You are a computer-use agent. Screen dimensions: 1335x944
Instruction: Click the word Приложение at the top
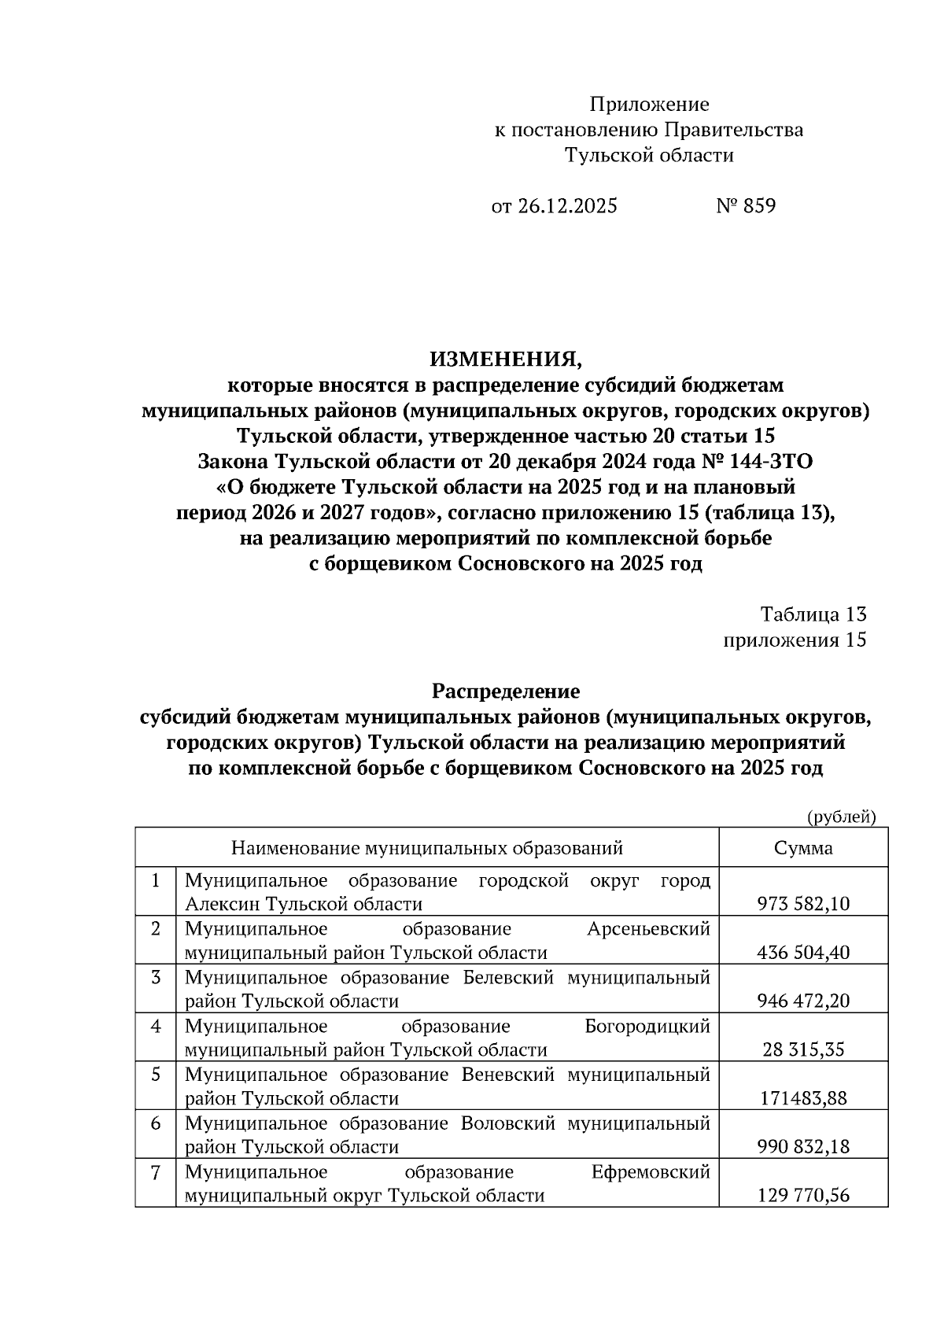(x=649, y=105)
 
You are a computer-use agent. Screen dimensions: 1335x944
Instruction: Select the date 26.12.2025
(x=566, y=206)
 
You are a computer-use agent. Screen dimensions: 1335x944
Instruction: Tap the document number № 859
(x=745, y=206)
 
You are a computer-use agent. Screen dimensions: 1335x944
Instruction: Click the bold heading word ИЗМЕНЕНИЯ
(x=505, y=360)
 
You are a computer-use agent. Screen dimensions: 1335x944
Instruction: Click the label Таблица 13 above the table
(x=813, y=614)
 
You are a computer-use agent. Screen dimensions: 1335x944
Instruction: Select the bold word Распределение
(x=505, y=691)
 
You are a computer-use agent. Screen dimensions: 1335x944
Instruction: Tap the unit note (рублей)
(x=842, y=817)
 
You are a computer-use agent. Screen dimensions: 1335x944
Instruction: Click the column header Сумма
(x=803, y=848)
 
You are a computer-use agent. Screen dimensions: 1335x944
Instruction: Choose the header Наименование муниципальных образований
(x=426, y=848)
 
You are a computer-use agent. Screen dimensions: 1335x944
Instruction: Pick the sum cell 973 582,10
(x=803, y=904)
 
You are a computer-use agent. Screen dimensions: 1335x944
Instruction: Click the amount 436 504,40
(x=803, y=953)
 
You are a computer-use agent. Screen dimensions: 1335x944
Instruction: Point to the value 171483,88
(x=803, y=1098)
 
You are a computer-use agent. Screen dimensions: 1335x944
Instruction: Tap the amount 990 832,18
(x=803, y=1147)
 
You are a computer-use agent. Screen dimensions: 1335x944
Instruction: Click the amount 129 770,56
(x=803, y=1196)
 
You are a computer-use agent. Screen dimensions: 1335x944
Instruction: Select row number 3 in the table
(x=156, y=978)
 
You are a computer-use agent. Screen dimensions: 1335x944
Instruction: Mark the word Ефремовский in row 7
(x=650, y=1172)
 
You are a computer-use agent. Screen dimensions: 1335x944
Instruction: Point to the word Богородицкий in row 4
(x=647, y=1027)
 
